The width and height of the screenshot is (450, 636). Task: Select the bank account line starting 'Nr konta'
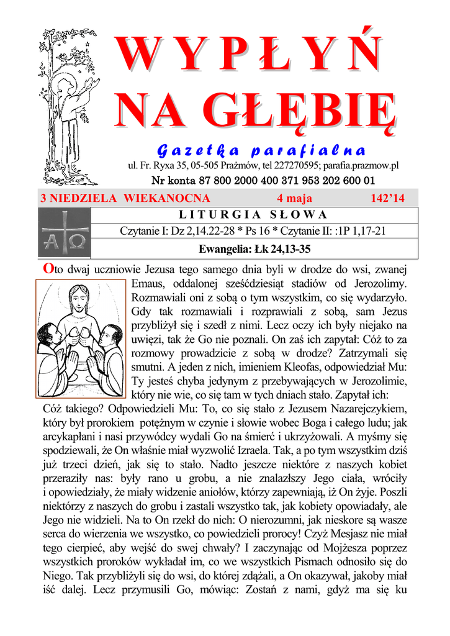tap(263, 181)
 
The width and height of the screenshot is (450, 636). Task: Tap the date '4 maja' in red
tap(294, 198)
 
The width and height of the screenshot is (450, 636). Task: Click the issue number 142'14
tap(387, 198)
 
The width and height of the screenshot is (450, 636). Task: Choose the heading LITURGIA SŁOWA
tap(253, 215)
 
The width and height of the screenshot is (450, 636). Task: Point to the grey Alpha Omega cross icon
tap(64, 232)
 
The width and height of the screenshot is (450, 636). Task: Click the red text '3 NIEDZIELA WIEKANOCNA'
tap(125, 198)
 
